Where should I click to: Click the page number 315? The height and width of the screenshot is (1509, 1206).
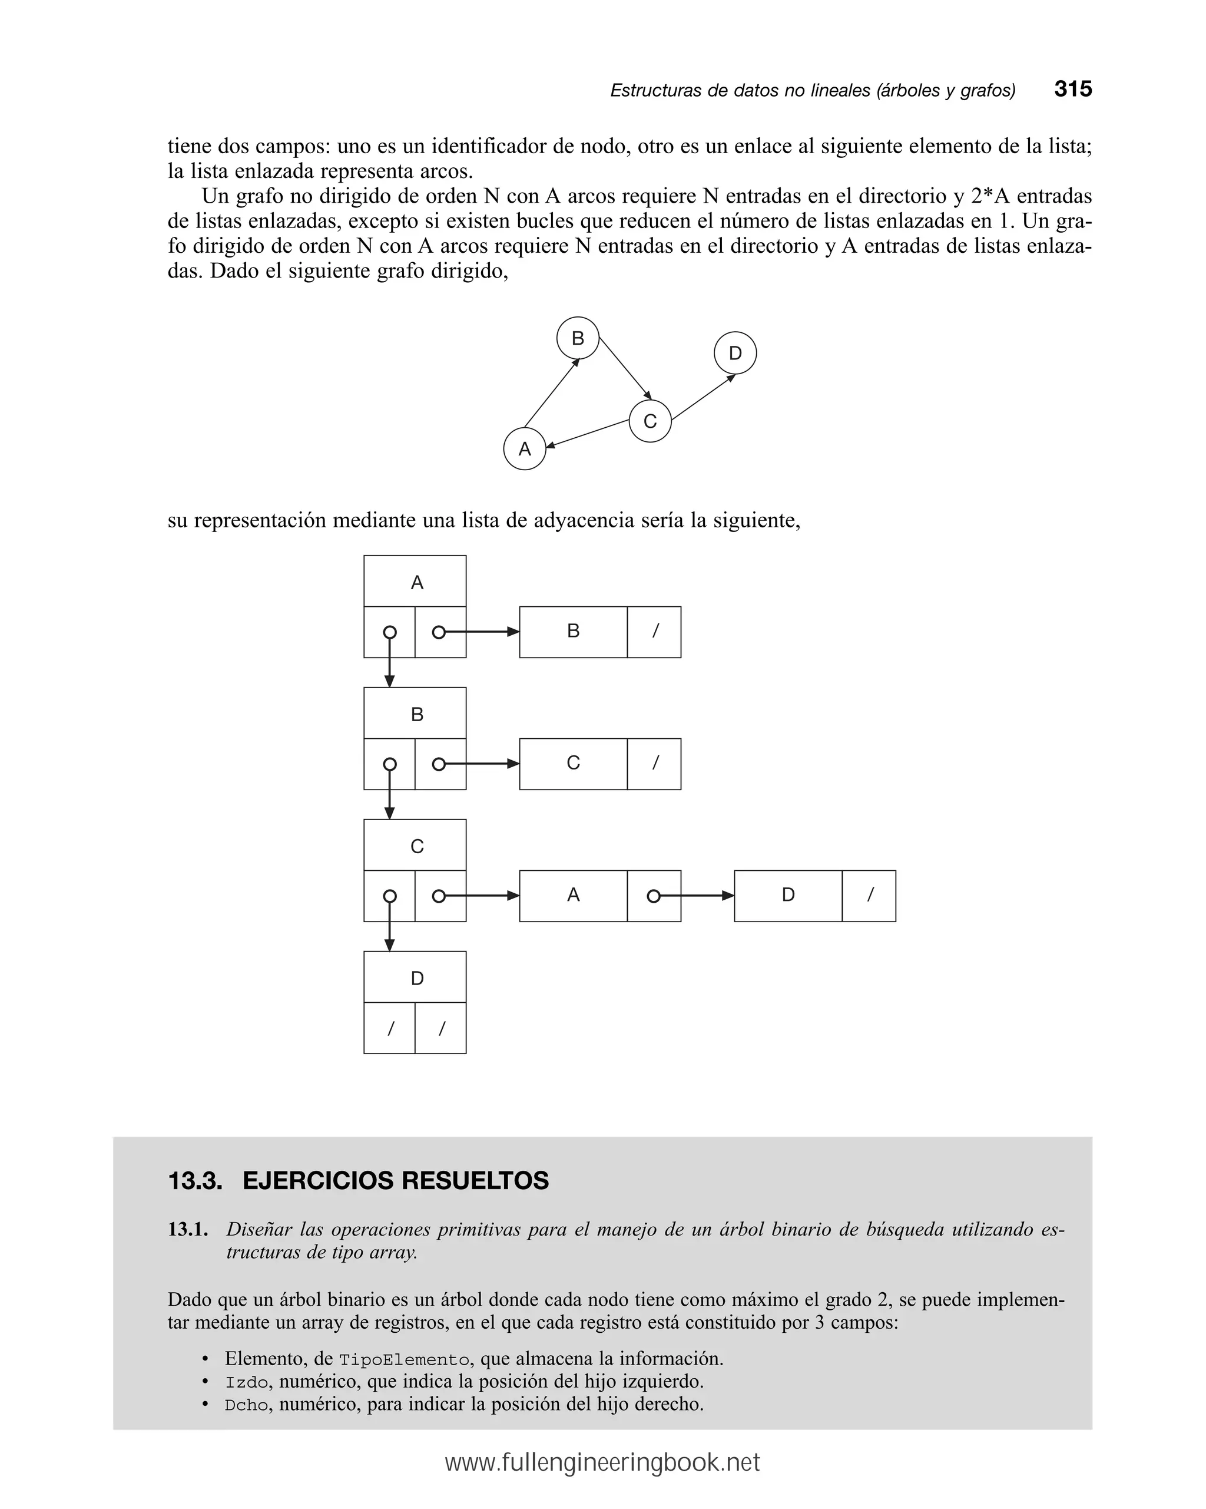click(1072, 89)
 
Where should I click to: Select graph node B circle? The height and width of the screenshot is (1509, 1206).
click(577, 338)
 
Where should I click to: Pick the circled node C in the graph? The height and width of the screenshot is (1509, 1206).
click(650, 421)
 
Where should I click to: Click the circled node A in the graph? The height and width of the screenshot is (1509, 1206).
click(524, 448)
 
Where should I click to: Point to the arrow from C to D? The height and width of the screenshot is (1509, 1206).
click(703, 398)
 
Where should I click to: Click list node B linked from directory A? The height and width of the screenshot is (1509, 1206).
click(573, 631)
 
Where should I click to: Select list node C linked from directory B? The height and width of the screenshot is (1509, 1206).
click(573, 763)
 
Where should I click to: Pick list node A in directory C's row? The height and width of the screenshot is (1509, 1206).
click(573, 895)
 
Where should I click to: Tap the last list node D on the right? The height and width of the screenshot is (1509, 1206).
click(788, 895)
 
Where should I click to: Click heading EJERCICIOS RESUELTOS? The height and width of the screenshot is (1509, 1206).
click(395, 1181)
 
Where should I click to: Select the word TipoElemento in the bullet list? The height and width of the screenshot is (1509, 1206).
click(403, 1359)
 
